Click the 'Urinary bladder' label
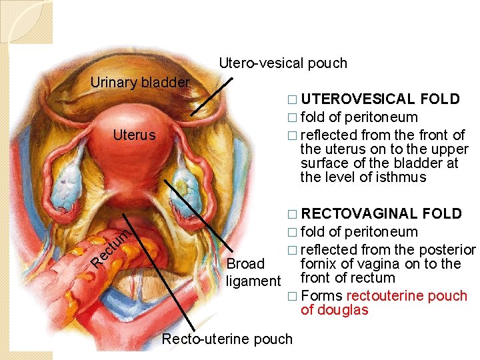[x=140, y=83]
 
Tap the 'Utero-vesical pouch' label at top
[x=283, y=63]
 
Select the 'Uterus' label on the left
[x=134, y=135]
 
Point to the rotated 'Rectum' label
[x=109, y=247]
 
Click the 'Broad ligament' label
[x=253, y=272]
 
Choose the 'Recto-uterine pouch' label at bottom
[x=227, y=339]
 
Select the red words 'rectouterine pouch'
[x=407, y=296]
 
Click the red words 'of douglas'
[x=334, y=310]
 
